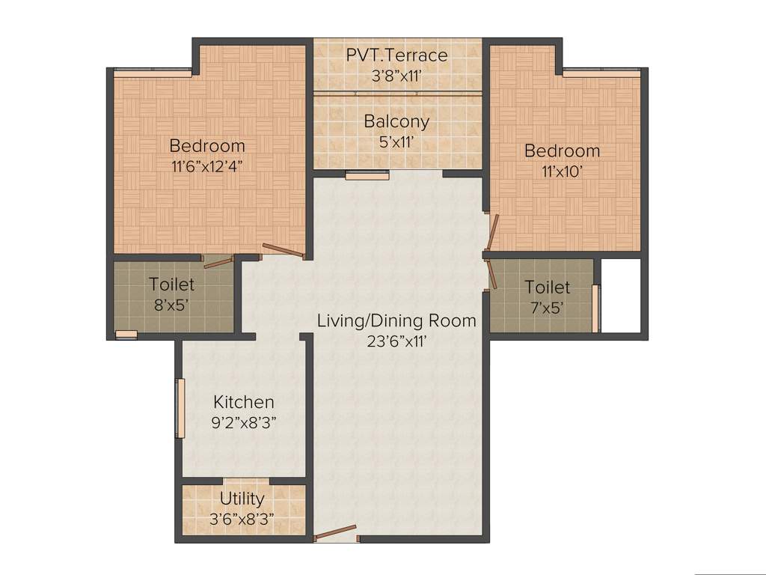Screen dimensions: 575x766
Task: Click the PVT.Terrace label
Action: tap(396, 55)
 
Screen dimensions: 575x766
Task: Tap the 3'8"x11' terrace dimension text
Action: tap(396, 76)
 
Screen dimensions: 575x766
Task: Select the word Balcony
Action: tap(396, 121)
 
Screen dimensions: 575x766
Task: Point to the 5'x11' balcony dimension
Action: tap(396, 142)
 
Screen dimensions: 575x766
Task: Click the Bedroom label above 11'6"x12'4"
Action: tap(207, 145)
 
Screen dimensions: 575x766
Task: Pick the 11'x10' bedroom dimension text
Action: tap(562, 171)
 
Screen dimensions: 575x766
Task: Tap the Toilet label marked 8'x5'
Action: tap(171, 285)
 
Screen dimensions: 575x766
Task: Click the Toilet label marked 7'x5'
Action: tap(547, 287)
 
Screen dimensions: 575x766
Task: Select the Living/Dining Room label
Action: tap(396, 321)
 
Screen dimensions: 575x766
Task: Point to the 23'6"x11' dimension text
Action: tap(396, 341)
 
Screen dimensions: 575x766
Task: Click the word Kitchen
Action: tap(244, 402)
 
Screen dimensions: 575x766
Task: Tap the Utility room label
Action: tap(242, 499)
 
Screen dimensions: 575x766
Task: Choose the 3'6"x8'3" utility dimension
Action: tap(242, 518)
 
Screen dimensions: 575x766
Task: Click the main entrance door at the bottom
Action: tap(335, 536)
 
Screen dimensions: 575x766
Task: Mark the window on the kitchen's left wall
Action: tap(180, 408)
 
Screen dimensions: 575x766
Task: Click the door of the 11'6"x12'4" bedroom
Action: tap(284, 252)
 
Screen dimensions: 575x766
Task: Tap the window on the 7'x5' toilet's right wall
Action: tap(595, 308)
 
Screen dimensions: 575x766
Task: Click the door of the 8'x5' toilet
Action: tap(218, 260)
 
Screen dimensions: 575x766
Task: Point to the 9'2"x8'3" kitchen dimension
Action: tap(244, 422)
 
